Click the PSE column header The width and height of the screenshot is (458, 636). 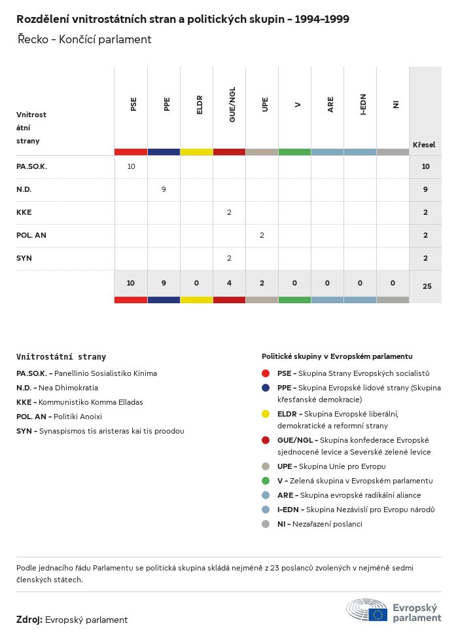coord(133,103)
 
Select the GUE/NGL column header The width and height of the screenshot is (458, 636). coord(232,105)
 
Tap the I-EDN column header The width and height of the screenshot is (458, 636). coord(363,105)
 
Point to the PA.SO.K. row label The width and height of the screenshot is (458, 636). coord(32,166)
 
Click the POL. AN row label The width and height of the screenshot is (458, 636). coord(31,235)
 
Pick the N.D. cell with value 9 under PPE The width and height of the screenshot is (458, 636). coord(164,189)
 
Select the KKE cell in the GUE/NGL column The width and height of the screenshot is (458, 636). coord(229,212)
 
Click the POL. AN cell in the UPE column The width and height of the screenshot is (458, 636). coord(262,235)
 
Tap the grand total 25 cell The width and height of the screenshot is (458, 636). coord(427,286)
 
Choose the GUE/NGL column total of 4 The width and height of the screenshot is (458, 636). coord(229,283)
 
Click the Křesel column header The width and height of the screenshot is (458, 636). coord(424,145)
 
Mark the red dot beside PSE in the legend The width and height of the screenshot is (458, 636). coord(266,373)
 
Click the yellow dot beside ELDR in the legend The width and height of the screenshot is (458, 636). coord(266,414)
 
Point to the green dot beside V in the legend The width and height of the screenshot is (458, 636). coord(266,481)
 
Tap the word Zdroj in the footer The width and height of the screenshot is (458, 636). coord(29,620)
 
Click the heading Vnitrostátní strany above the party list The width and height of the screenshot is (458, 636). coord(61,357)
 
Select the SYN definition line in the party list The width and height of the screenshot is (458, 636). coord(100,431)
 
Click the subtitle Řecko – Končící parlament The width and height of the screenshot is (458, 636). coord(84,39)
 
